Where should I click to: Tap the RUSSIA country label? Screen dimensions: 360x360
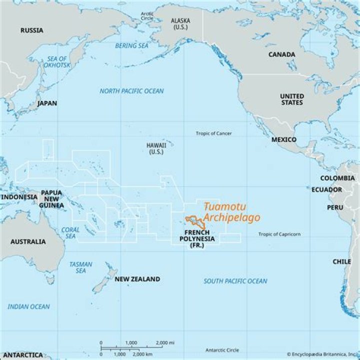31,30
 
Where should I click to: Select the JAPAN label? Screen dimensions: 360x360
47,103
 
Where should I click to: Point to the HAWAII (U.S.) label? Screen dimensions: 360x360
156,148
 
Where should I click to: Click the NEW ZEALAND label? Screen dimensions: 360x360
137,279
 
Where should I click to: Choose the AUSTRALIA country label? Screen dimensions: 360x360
28,242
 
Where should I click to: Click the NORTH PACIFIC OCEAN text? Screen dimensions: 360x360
131,91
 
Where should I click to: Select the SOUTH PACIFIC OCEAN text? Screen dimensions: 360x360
235,281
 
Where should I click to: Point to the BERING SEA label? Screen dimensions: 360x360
132,46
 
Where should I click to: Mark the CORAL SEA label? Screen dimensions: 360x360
70,233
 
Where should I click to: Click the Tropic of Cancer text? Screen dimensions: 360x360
213,133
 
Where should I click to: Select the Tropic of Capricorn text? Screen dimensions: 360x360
279,234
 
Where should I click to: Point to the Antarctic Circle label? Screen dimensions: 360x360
222,350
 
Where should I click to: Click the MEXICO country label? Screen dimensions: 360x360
283,140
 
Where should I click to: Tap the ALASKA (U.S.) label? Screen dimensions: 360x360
180,23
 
